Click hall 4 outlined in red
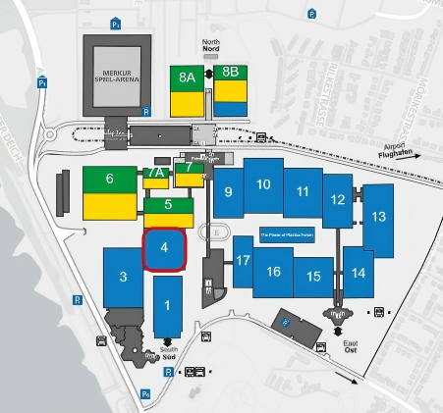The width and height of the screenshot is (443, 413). coord(165,249)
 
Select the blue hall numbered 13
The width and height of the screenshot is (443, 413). coord(377,218)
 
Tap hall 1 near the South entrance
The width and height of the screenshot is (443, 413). coord(167,306)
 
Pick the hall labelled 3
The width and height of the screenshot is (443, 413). coord(124,278)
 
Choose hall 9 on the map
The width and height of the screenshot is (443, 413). coord(229,192)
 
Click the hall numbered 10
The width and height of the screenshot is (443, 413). coord(263,184)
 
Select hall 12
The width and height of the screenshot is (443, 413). coord(337,199)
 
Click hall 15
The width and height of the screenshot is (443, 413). coord(313,276)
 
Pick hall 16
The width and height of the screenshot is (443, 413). coord(273,272)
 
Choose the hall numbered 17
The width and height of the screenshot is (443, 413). coord(243,260)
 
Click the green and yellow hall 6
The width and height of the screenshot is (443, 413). coord(109,180)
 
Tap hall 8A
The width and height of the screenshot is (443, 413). coord(187,75)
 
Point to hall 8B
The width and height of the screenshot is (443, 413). coord(231,71)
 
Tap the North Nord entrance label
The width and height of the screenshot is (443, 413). coord(212,47)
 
